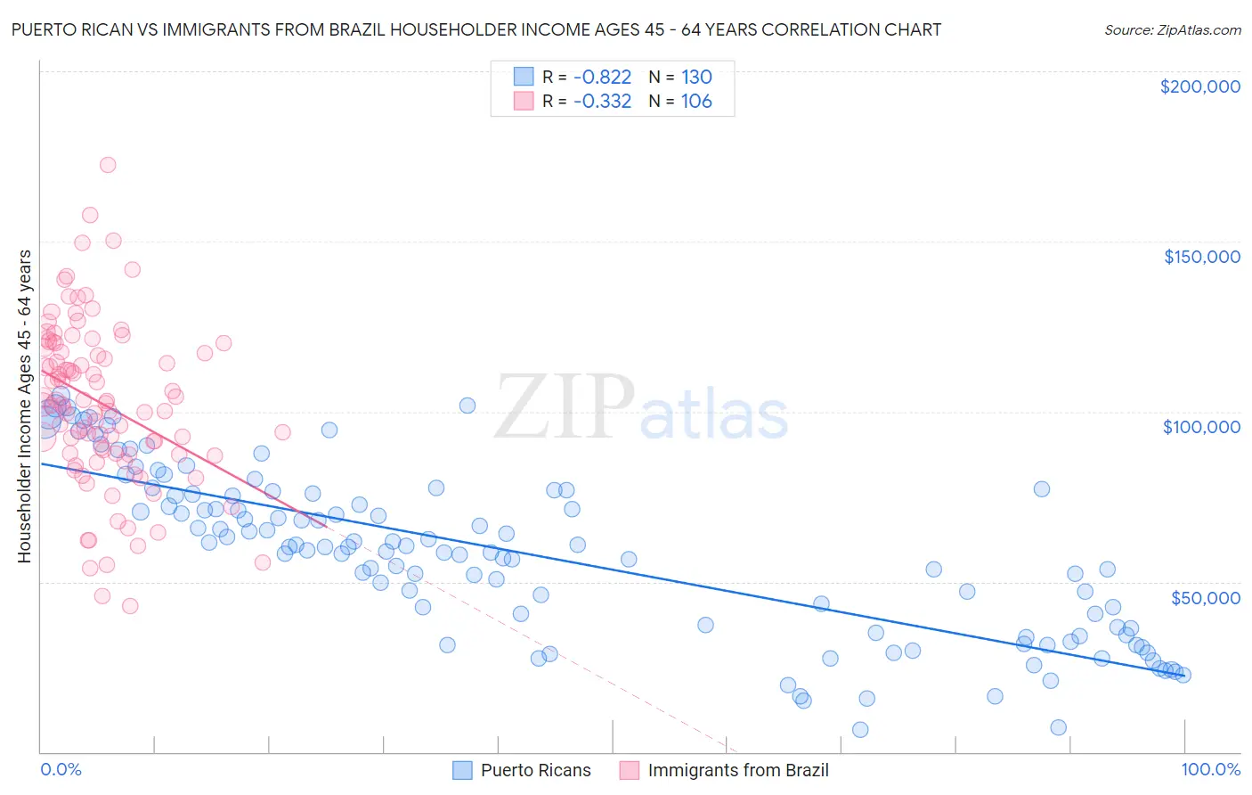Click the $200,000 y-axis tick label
[x=1199, y=86]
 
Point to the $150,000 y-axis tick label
[x=1201, y=257]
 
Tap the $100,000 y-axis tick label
[x=1201, y=427]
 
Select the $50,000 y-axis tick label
[x=1205, y=597]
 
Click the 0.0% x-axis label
[x=61, y=769]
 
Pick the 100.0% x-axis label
[x=1210, y=769]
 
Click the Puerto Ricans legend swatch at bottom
[x=462, y=770]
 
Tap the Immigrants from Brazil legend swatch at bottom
[x=630, y=770]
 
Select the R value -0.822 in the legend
[x=602, y=77]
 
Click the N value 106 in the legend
[x=696, y=102]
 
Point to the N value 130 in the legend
[x=696, y=77]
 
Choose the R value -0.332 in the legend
[x=602, y=102]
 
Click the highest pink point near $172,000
[x=108, y=165]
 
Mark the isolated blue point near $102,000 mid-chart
[x=467, y=406]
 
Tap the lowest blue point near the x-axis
[x=860, y=730]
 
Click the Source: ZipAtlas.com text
[x=1172, y=29]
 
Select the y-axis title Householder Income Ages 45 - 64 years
[x=24, y=406]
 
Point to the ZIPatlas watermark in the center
[x=641, y=408]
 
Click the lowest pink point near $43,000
[x=130, y=606]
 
